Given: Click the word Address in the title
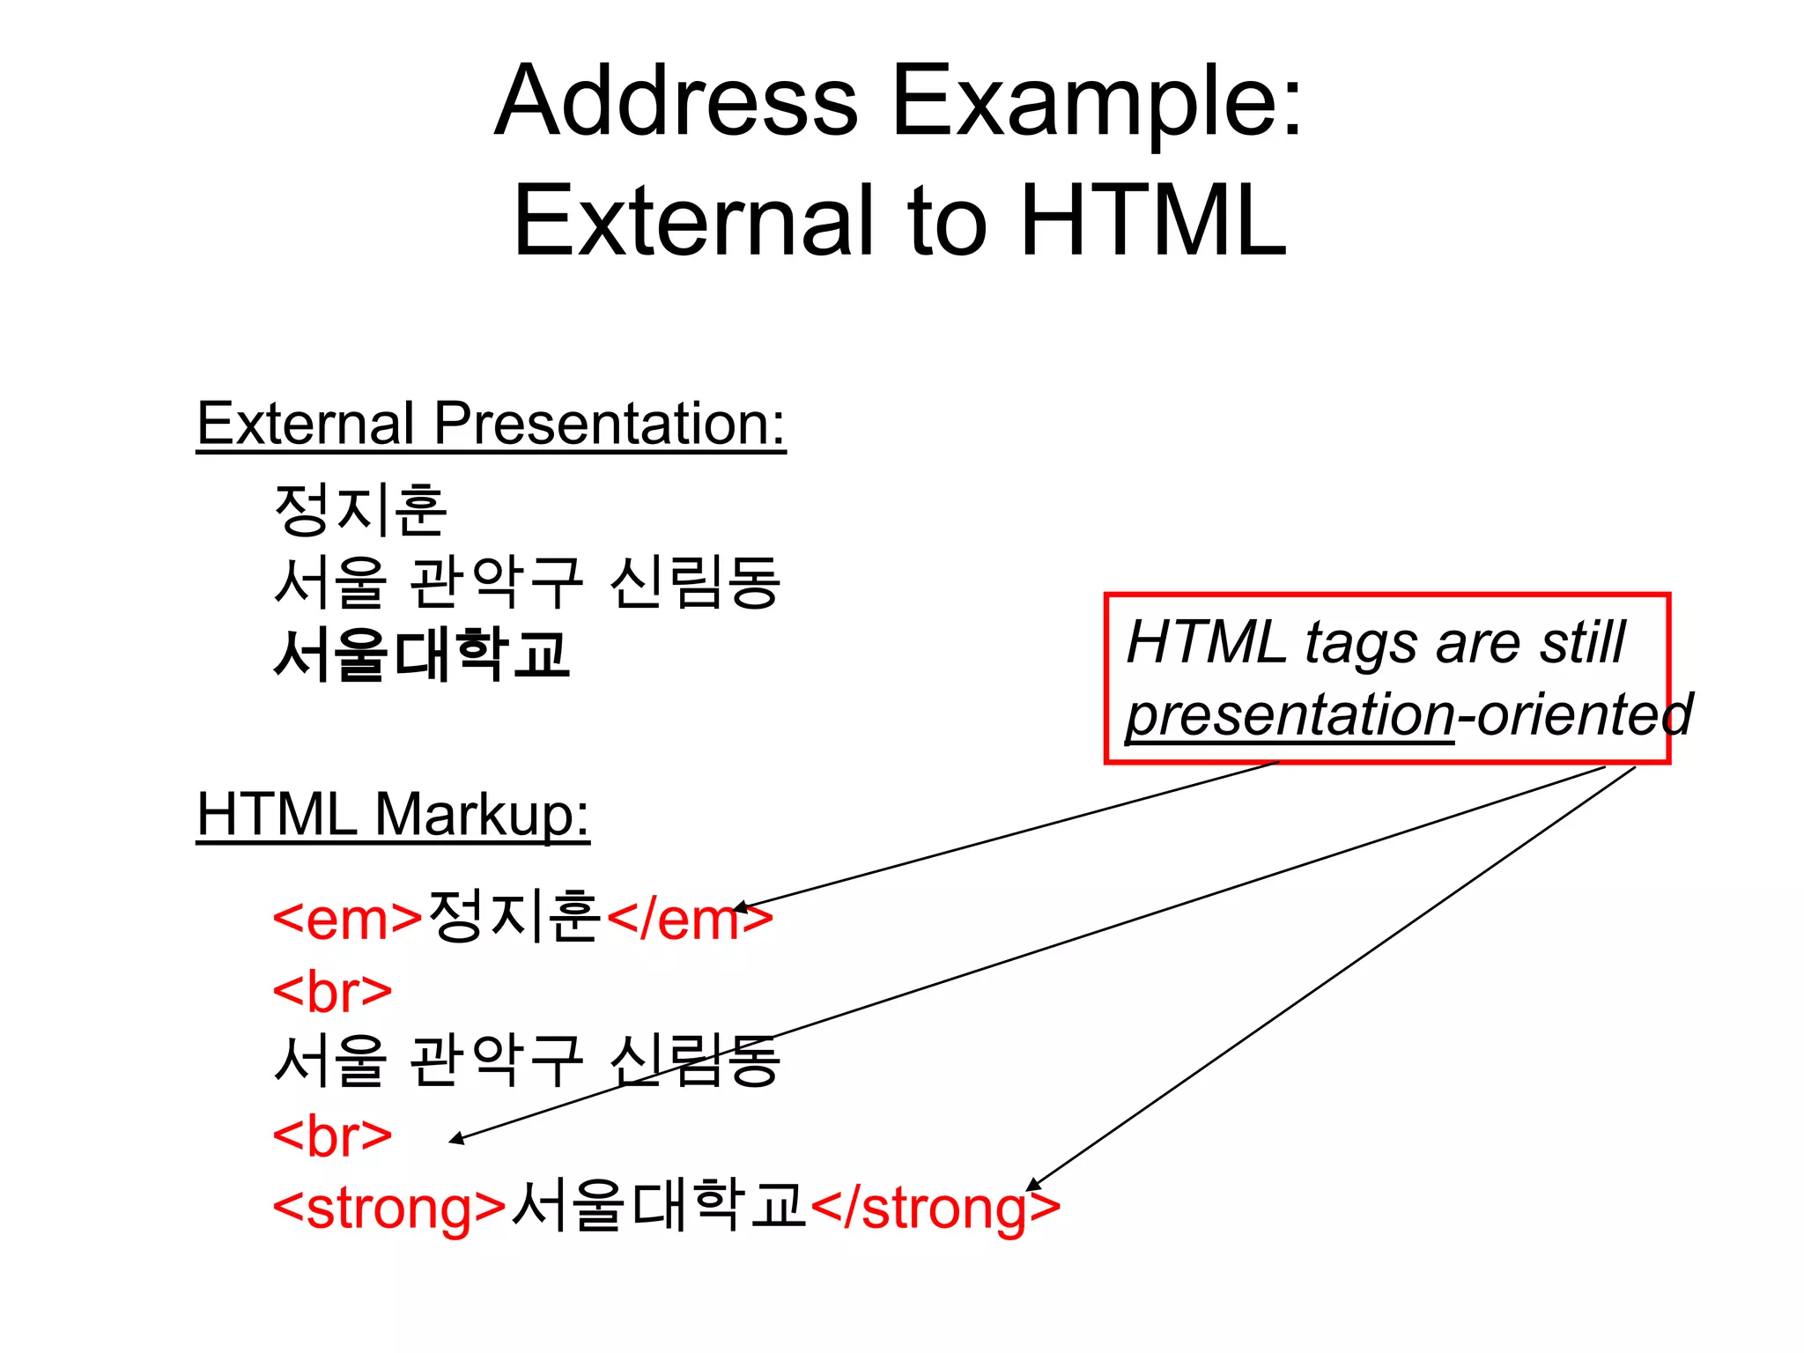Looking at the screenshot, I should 676,101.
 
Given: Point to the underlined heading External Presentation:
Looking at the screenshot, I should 491,425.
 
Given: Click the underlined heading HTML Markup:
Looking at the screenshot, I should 392,815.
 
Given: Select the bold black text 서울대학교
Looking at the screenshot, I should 421,654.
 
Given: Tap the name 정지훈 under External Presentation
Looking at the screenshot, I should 360,511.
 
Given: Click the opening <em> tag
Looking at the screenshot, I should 348,920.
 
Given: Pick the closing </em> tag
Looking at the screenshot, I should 689,920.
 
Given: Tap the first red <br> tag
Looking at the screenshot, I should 332,992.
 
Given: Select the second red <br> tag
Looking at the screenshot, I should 332,1136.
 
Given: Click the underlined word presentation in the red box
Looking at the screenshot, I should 1290,715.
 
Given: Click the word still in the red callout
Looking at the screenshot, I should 1582,643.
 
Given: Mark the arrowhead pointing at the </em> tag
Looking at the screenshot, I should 742,907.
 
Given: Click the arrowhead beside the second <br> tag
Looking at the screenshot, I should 456,1141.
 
